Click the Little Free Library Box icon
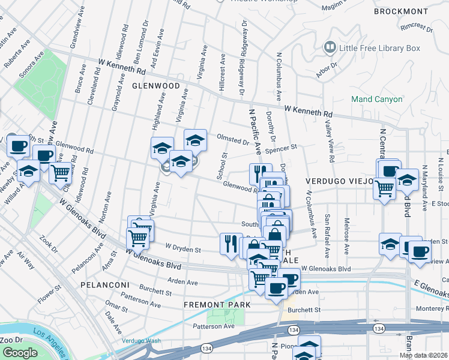coord(330,46)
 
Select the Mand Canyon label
coord(377,99)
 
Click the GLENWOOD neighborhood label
coord(156,86)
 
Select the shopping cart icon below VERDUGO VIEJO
coord(384,188)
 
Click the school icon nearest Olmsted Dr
coord(194,140)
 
